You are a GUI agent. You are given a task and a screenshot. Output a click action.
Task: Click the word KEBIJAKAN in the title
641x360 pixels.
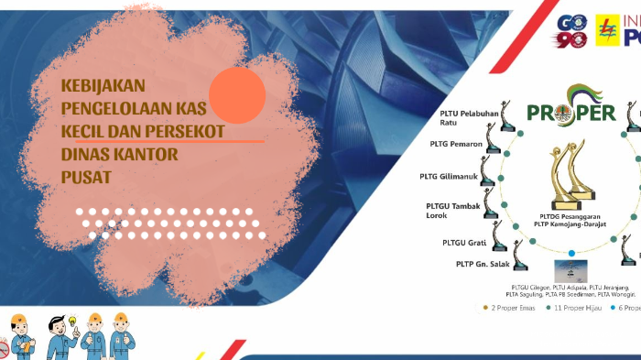103,85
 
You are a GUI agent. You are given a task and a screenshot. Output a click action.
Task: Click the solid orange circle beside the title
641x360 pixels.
237,95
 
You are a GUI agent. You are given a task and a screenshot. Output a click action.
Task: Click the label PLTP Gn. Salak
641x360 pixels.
478,265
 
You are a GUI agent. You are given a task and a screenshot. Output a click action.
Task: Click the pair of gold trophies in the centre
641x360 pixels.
571,170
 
